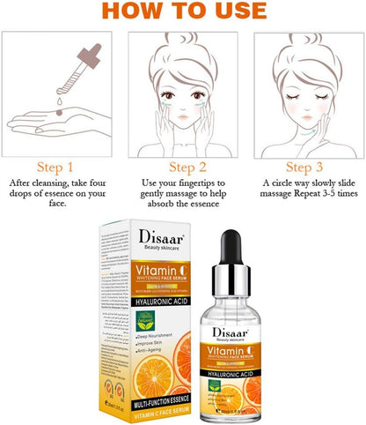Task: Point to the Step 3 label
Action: tap(307, 166)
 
